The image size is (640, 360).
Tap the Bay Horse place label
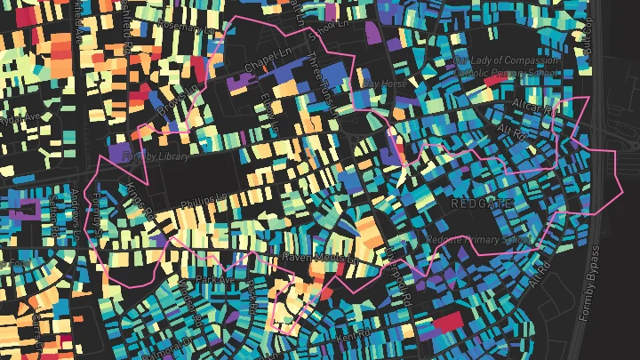[385, 83]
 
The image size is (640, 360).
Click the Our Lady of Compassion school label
[506, 61]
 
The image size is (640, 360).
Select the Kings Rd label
[140, 200]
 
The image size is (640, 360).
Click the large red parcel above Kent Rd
[448, 322]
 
